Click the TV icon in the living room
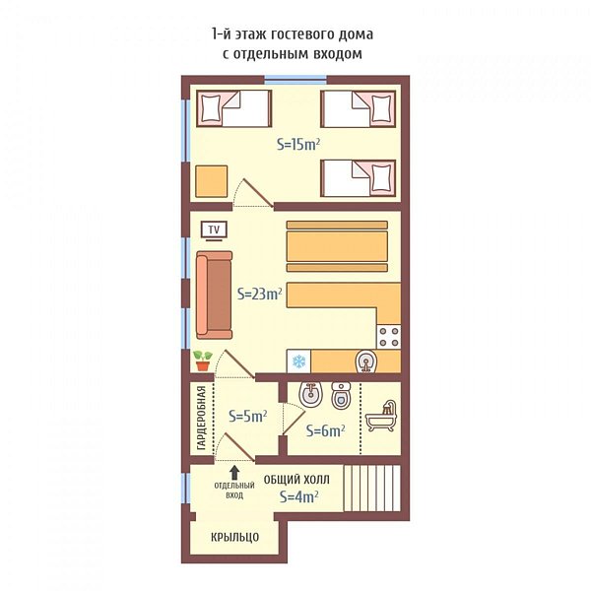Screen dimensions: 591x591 (214, 230)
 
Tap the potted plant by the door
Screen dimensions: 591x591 (202, 361)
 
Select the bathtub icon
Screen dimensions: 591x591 (381, 416)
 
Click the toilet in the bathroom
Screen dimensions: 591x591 (341, 395)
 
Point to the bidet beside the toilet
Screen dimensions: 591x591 (310, 395)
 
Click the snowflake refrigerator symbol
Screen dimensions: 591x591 (298, 361)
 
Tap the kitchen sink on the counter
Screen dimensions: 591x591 (365, 361)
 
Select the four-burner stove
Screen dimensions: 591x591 (389, 337)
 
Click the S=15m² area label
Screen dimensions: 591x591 (298, 144)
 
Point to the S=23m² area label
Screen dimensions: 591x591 (260, 294)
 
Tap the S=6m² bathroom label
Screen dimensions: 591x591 (326, 430)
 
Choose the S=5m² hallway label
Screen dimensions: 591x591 (247, 416)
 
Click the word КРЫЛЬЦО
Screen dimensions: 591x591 (234, 537)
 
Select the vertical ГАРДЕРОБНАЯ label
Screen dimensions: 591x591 (202, 418)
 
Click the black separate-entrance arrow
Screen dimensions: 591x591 (234, 472)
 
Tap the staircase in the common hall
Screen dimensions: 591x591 (372, 489)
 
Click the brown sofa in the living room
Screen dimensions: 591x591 (214, 295)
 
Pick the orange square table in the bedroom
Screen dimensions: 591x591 (212, 181)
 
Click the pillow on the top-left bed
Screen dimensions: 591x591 (211, 108)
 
